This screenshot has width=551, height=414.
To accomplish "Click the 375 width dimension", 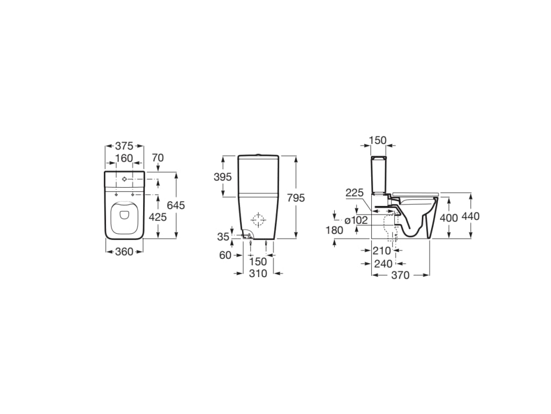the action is (x=124, y=146).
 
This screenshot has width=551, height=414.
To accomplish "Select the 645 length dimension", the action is (x=176, y=205).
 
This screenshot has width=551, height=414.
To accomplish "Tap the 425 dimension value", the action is (x=158, y=217).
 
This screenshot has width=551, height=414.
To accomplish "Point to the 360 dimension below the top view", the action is (x=124, y=252).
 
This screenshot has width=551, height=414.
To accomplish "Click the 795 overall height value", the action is (x=296, y=198).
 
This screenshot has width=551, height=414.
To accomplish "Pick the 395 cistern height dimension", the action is (x=223, y=177).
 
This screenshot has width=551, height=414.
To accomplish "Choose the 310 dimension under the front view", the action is (x=258, y=273).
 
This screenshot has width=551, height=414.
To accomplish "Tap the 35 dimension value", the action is (x=223, y=237).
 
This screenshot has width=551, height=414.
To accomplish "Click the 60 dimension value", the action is (x=225, y=255).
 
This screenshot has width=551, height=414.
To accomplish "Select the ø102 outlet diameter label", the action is (x=356, y=220).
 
